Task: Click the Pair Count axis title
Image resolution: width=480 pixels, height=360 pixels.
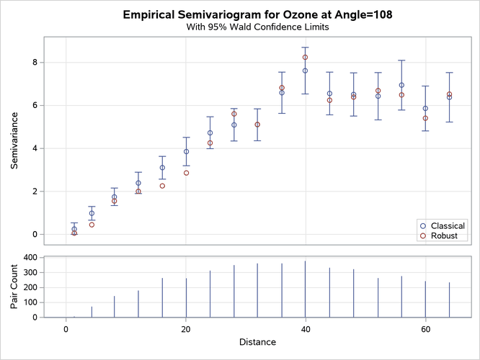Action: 15,286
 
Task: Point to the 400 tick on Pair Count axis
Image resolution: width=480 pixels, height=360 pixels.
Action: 30,257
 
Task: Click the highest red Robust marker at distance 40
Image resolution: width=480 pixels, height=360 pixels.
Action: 306,57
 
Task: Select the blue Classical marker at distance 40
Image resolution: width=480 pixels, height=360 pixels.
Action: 306,71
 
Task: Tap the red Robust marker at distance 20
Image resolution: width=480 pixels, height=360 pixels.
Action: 186,173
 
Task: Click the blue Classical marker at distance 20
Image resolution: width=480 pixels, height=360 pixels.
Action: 186,151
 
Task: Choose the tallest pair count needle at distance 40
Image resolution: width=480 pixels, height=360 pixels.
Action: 306,288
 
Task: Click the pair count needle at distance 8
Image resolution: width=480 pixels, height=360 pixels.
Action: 114,306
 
